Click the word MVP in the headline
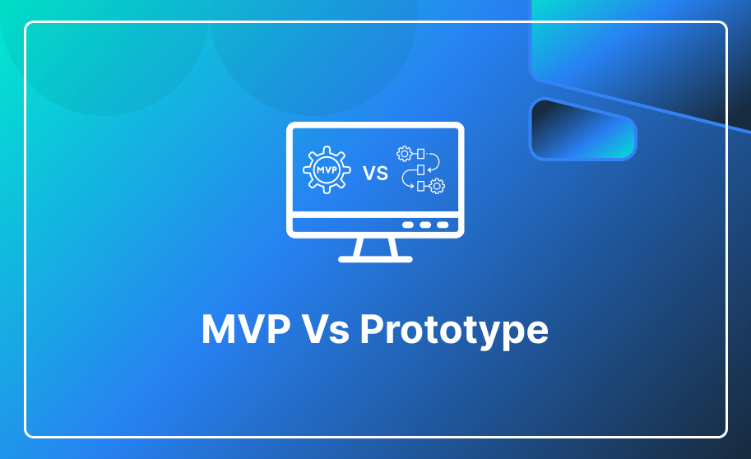(246, 329)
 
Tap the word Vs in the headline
(326, 329)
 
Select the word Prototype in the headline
(454, 331)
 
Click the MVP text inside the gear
(327, 169)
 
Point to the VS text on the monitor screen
(375, 173)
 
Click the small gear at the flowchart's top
(404, 153)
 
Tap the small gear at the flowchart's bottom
(437, 185)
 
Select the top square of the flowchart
(420, 154)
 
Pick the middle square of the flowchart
(420, 169)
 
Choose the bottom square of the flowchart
(420, 186)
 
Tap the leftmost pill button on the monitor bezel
(408, 225)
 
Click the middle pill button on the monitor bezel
(425, 225)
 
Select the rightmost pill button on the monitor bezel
(443, 225)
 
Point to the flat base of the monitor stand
(375, 259)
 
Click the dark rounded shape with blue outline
(583, 128)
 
